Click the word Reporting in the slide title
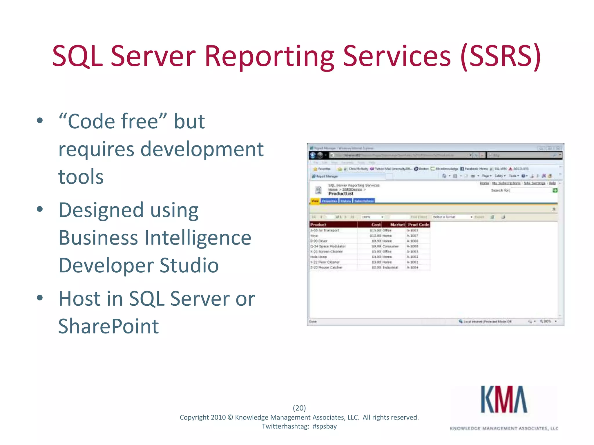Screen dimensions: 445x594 coord(269,56)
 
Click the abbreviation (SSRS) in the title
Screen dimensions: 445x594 coord(500,56)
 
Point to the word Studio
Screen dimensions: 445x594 coord(189,265)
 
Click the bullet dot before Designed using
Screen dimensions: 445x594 coord(40,209)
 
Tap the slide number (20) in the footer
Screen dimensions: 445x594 coord(299,408)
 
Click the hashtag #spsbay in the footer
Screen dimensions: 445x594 coord(325,426)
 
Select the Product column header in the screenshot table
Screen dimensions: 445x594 coord(318,225)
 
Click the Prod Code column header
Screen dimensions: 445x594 coord(418,225)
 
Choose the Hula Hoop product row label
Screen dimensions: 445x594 coord(318,257)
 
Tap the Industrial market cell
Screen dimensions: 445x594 coord(390,267)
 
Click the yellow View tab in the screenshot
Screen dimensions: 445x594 coord(315,200)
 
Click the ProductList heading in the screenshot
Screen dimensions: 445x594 coord(341,194)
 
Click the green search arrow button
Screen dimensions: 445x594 coord(555,190)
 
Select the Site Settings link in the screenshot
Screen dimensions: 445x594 coord(534,183)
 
